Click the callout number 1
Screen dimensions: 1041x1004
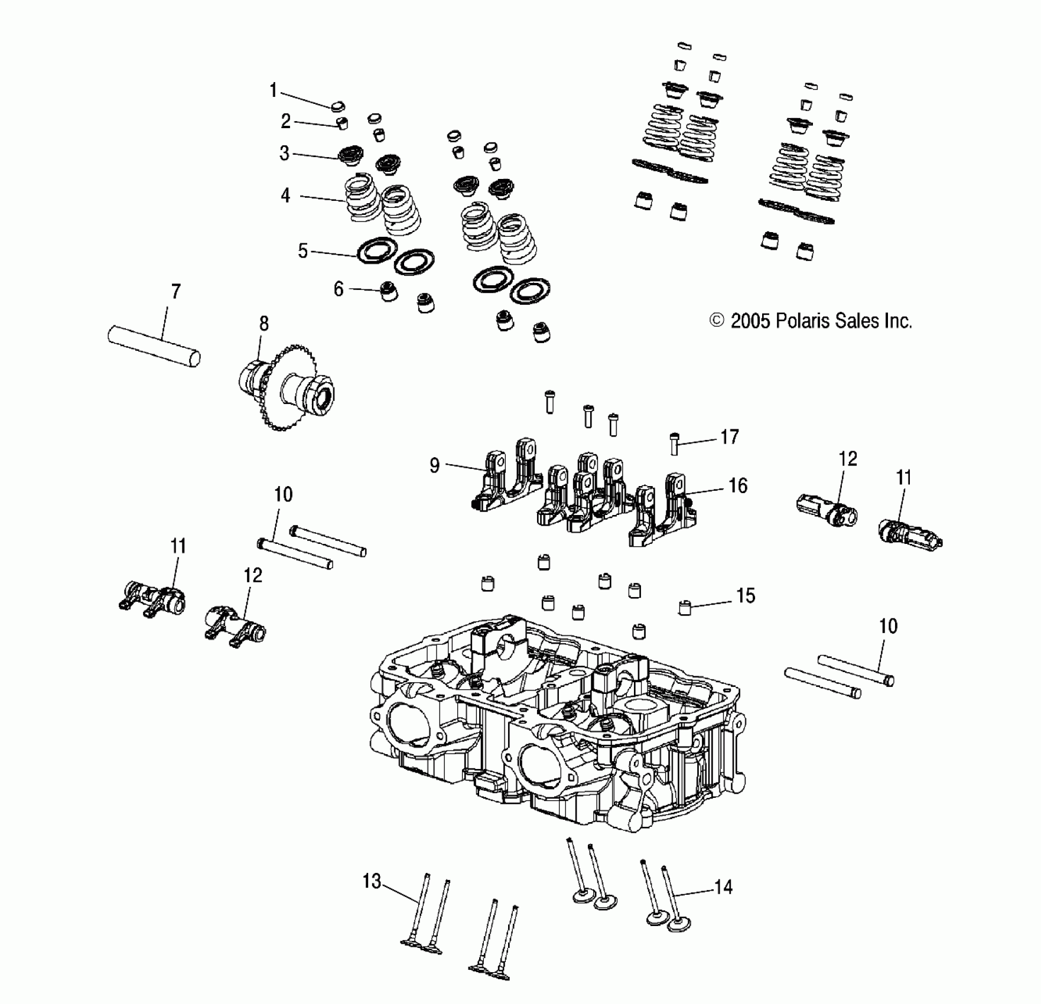point(273,91)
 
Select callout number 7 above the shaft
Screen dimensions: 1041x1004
point(175,292)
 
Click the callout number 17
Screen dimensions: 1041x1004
point(730,437)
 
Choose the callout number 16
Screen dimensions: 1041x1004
point(738,485)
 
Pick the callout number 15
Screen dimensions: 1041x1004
point(746,596)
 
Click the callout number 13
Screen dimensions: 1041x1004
point(372,882)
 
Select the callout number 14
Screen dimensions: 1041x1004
point(723,887)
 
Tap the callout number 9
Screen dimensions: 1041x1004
point(435,465)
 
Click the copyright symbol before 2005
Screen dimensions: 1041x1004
point(717,321)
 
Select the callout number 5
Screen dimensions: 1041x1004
point(302,251)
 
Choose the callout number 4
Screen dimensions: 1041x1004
point(285,195)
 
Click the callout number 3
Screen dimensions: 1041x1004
point(284,154)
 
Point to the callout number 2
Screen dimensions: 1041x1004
point(286,122)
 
